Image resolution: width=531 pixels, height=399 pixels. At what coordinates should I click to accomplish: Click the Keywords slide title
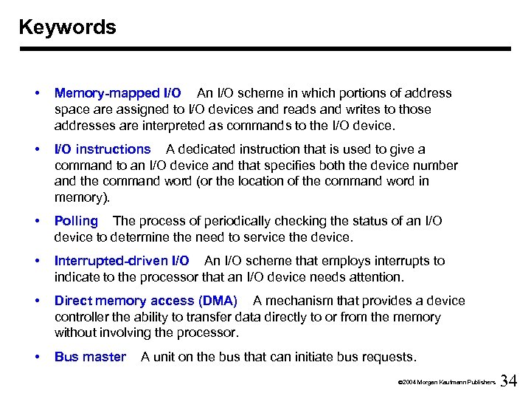(x=67, y=27)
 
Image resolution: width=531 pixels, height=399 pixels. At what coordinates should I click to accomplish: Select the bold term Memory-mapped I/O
(x=118, y=93)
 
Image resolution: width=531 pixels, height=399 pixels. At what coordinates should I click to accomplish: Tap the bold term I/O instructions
(x=103, y=149)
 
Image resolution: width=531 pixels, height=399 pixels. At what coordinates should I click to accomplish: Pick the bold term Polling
(x=76, y=221)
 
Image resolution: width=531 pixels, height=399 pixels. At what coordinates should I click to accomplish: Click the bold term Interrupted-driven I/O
(x=122, y=261)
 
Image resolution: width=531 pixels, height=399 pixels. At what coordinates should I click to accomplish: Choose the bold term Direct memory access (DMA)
(x=146, y=301)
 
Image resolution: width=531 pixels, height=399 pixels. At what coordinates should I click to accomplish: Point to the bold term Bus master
(x=90, y=357)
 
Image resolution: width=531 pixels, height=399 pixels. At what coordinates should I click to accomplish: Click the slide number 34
(x=509, y=381)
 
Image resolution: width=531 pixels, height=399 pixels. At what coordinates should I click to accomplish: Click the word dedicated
(x=206, y=149)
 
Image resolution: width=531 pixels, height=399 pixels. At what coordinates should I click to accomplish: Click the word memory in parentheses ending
(x=78, y=197)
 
